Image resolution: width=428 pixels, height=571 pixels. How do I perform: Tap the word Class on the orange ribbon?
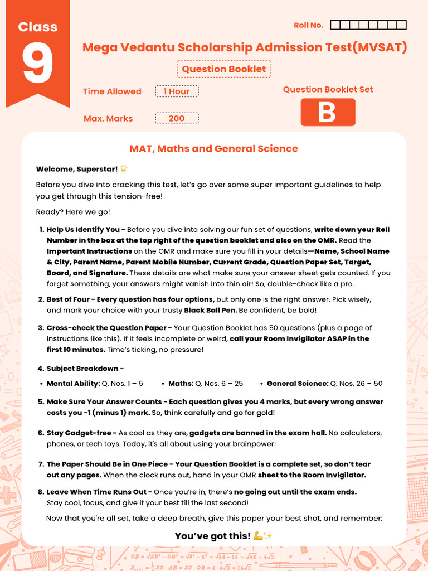(38, 27)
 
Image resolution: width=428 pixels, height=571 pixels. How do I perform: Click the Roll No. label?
(308, 25)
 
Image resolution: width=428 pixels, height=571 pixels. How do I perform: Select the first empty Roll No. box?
(335, 25)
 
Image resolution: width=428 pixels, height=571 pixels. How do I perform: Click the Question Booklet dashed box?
(224, 69)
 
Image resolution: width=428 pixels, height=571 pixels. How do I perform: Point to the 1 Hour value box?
(177, 91)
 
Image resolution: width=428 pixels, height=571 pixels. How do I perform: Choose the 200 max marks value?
(177, 118)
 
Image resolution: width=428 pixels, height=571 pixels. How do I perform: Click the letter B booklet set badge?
(328, 112)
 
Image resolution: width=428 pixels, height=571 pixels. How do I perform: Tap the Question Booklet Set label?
(328, 89)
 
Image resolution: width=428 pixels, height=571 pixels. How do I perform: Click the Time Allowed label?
(112, 91)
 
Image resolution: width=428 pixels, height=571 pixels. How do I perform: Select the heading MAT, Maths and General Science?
(213, 148)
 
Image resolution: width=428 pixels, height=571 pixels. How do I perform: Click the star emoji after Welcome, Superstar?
(124, 168)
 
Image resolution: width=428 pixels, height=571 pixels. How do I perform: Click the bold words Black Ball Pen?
(210, 310)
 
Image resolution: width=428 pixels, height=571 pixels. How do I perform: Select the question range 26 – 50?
(363, 384)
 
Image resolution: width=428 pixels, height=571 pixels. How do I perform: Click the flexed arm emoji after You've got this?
(258, 536)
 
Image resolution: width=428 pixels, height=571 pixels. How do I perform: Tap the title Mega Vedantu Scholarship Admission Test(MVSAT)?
(245, 47)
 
